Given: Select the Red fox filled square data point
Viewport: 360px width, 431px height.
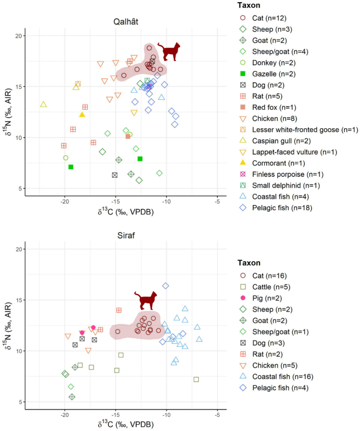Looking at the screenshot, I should [128, 137].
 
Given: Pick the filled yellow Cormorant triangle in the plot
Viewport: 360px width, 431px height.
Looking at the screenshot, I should [82, 115].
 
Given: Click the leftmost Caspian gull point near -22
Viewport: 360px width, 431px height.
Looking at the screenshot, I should [44, 105].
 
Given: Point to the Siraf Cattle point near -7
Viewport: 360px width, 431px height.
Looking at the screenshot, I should [196, 379].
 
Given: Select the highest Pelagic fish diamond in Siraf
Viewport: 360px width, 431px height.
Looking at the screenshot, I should [166, 286].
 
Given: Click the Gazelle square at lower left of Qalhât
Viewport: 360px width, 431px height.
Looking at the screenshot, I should [70, 167].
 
